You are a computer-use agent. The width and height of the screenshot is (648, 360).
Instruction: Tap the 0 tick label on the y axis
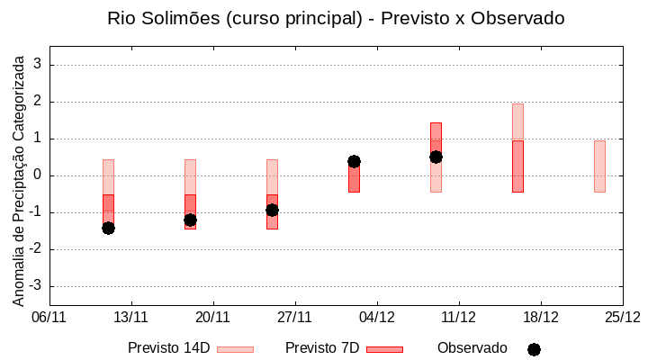pos(38,175)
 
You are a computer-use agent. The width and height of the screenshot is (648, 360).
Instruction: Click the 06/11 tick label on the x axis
pos(49,317)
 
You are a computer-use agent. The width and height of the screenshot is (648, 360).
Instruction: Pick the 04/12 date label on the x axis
pos(376,317)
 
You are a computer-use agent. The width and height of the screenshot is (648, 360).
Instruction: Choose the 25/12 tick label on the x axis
pos(622,317)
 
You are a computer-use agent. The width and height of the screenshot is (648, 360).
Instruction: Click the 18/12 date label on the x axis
pos(540,317)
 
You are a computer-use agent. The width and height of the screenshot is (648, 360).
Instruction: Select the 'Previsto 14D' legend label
pos(168,348)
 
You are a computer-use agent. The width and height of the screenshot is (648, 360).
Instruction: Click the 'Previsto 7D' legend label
pos(322,348)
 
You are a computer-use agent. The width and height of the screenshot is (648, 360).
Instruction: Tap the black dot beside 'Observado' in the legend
pos(534,349)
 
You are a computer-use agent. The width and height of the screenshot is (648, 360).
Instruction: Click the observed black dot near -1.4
pos(108,228)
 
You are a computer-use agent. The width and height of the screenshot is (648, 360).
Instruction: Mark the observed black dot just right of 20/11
pos(190,220)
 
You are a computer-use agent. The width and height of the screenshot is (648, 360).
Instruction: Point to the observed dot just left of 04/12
pos(354,161)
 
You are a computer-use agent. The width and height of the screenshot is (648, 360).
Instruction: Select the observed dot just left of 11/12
pos(436,157)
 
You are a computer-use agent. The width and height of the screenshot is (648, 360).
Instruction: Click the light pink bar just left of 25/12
pos(599,166)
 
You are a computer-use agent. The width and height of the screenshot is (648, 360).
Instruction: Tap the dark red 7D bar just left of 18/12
pos(517,166)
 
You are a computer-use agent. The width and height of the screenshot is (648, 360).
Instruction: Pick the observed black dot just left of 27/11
pos(272,210)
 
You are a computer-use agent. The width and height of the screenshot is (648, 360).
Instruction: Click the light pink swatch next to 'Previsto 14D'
pos(235,349)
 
